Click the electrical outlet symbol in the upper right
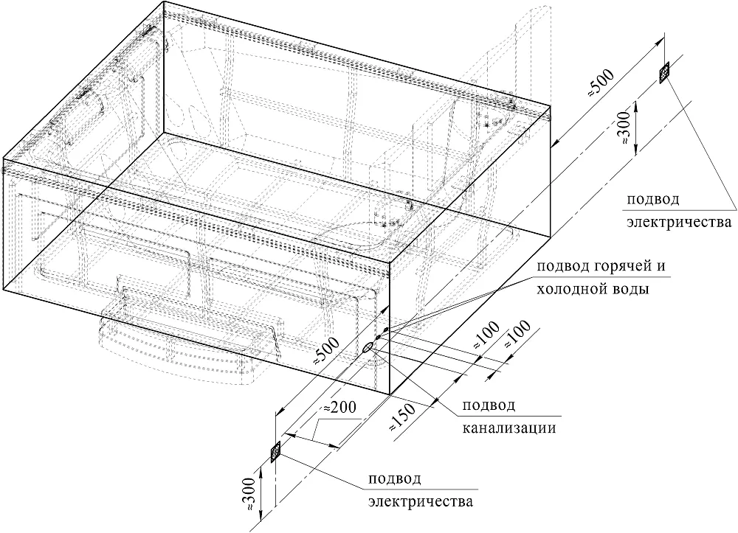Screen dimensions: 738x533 tap(665, 72)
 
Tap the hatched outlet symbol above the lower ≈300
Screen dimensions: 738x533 tap(275, 452)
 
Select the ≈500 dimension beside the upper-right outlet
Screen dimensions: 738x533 tap(599, 83)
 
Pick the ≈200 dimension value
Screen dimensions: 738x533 tap(337, 407)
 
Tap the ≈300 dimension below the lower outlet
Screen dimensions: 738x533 tap(249, 495)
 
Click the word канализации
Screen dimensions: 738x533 tap(508, 428)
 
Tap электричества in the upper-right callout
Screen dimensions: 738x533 tap(679, 221)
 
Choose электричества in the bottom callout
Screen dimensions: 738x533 tap(421, 501)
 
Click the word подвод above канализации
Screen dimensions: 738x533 tap(489, 405)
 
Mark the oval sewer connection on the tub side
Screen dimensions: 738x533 tap(368, 347)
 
